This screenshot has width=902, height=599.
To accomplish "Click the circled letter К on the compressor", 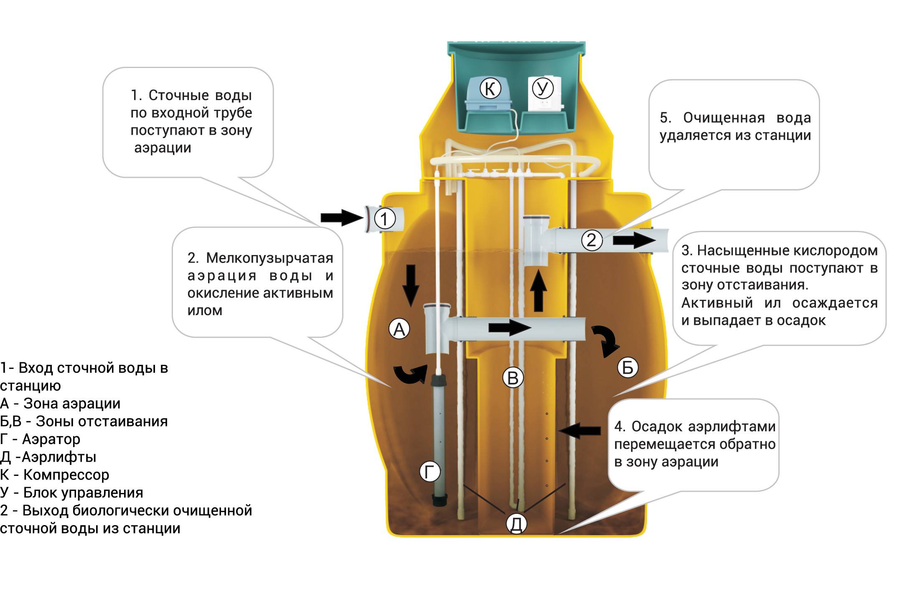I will (490, 88).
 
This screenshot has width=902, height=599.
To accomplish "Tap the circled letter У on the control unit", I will (542, 88).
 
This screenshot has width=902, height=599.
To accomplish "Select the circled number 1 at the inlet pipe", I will (384, 219).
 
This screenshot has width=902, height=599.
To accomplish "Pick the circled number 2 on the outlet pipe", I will (592, 240).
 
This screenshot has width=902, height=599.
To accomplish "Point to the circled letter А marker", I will (399, 329).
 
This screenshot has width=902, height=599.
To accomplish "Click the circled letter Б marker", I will (628, 367).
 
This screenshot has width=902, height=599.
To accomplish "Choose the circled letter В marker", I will (513, 377).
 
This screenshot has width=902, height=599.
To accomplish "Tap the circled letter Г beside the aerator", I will (430, 472).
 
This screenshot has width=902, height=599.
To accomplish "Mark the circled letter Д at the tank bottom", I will (516, 523).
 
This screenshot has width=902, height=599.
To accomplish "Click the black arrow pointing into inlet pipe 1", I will (342, 217).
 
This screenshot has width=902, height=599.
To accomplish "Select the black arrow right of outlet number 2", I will (634, 240).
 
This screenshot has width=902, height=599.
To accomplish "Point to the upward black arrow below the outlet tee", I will (539, 291).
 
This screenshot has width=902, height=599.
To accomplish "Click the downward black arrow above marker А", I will (411, 285).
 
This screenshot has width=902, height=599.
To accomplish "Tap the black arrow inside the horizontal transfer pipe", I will (509, 327).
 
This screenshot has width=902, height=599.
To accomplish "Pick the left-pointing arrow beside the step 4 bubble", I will (580, 430).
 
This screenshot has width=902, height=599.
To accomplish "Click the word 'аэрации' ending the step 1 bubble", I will (163, 148).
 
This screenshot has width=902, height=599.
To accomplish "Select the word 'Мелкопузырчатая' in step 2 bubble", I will (269, 258).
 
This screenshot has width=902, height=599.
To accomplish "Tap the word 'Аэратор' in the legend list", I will (51, 439).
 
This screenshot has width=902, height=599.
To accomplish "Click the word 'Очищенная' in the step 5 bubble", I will (724, 118).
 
